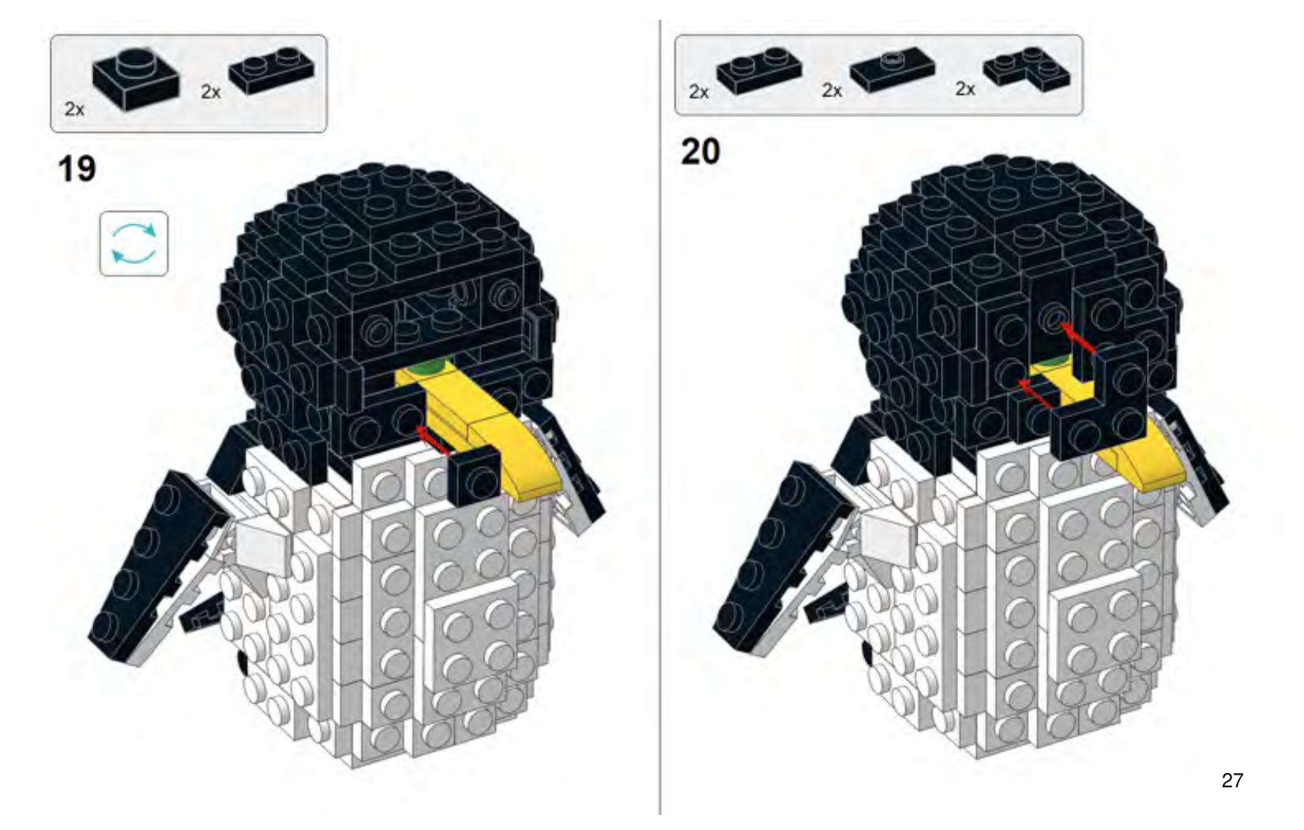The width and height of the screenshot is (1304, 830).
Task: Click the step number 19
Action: [x=77, y=169]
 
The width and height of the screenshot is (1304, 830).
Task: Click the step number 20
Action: [x=701, y=152]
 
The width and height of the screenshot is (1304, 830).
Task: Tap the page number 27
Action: [x=1232, y=780]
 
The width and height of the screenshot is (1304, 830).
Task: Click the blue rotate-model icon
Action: [x=134, y=243]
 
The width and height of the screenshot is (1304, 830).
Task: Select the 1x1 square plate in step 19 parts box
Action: [x=136, y=77]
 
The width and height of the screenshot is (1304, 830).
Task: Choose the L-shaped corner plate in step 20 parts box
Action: [x=1028, y=70]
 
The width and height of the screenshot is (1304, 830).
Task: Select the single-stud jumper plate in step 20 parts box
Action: [x=893, y=70]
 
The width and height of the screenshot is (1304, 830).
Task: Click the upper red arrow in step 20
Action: [x=1077, y=338]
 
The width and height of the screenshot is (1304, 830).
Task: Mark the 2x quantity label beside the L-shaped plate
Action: [x=964, y=89]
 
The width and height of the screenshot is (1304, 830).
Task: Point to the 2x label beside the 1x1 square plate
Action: [x=74, y=109]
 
